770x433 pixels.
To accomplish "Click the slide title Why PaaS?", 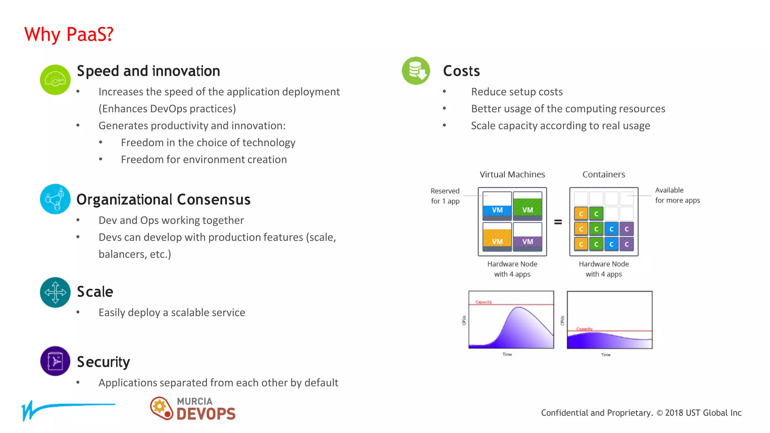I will (69, 35).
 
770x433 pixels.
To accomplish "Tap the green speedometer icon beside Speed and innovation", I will (55, 80).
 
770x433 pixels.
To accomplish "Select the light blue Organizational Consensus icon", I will (55, 199).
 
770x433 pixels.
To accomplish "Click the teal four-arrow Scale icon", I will (55, 292).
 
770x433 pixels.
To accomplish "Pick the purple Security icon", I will (55, 361).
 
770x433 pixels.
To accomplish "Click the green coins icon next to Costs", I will (416, 71).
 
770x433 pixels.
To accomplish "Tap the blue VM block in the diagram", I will (497, 210).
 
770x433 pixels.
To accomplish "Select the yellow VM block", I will (497, 241).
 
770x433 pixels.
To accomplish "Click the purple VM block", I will (527, 241).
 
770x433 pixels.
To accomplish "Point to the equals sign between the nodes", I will (558, 222).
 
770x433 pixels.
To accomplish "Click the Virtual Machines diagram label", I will (512, 174).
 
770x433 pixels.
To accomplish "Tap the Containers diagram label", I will (603, 174).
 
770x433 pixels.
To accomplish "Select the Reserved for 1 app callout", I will (445, 196).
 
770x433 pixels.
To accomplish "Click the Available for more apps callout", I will (677, 195).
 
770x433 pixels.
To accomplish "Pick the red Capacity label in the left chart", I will (484, 302).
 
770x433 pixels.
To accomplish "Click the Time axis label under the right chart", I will (605, 355).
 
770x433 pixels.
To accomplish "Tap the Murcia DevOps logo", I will (193, 409).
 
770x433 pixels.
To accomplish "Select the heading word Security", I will (103, 362).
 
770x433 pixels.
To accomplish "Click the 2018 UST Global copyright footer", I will (641, 413).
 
